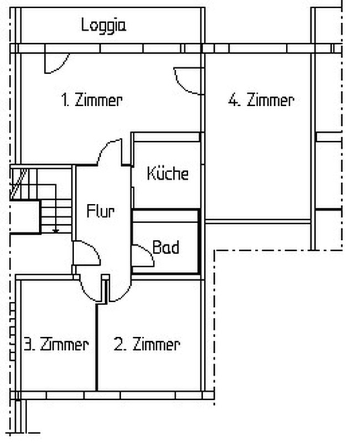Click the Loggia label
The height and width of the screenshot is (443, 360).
104,25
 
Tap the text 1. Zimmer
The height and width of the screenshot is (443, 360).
92,100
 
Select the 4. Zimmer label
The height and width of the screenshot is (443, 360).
261,100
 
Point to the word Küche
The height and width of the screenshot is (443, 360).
168,173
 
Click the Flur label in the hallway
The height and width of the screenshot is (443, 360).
101,211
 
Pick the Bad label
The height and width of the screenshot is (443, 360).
166,247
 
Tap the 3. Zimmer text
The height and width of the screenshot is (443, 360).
56,344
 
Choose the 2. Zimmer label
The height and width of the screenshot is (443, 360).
147,344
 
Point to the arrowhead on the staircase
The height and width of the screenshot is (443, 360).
56,231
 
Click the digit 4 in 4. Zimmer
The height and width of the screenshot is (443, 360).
233,100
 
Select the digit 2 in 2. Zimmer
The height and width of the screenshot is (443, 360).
118,344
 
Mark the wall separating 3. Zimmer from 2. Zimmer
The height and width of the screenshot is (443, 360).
96,347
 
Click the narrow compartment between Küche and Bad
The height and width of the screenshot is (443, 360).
165,216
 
